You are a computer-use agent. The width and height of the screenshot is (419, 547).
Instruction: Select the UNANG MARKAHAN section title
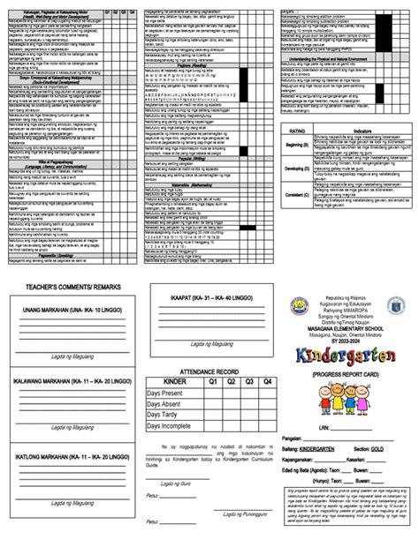[x=70, y=311]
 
